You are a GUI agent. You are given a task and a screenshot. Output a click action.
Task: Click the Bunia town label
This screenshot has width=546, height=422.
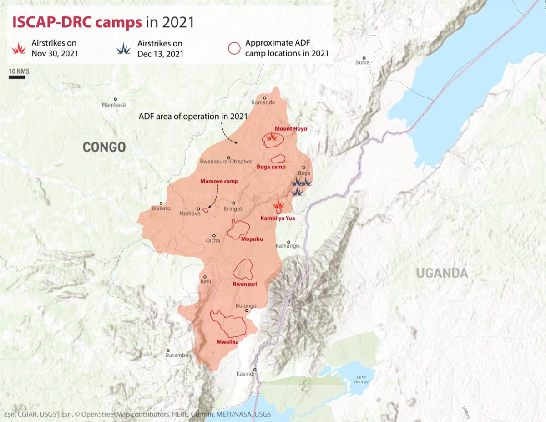click(x=363, y=62)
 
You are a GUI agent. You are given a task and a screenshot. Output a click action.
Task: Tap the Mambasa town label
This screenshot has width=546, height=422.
click(x=114, y=105)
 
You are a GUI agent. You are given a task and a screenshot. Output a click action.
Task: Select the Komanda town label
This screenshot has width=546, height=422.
click(x=263, y=102)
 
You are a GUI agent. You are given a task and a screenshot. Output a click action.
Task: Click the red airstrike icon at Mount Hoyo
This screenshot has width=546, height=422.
click(x=271, y=138)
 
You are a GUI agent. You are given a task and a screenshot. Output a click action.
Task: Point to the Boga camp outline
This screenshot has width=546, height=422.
click(x=278, y=159)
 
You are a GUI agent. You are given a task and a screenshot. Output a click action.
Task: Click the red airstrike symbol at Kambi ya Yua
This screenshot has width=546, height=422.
click(x=278, y=206)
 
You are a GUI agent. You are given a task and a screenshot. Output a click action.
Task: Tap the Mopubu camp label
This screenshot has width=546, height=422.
click(x=252, y=239)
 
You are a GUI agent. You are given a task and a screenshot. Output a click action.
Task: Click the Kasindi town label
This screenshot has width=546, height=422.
click(x=245, y=374)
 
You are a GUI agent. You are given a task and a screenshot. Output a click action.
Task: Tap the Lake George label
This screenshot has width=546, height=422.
click(x=361, y=379)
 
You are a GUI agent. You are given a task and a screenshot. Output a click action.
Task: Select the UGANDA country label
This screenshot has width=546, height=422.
click(x=442, y=273)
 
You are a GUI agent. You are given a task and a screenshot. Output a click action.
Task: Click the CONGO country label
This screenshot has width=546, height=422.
click(x=104, y=147)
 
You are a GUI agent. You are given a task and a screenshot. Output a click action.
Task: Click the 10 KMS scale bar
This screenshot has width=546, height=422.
click(x=17, y=77)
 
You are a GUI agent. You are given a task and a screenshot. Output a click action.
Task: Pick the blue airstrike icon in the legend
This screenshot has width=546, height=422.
click(x=123, y=49)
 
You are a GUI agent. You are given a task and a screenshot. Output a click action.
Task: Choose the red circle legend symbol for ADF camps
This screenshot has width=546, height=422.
click(x=234, y=48)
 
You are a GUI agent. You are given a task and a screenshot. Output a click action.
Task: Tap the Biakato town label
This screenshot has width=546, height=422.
click(x=161, y=208)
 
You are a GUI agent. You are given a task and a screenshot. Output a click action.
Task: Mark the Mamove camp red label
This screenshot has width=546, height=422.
click(x=219, y=181)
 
